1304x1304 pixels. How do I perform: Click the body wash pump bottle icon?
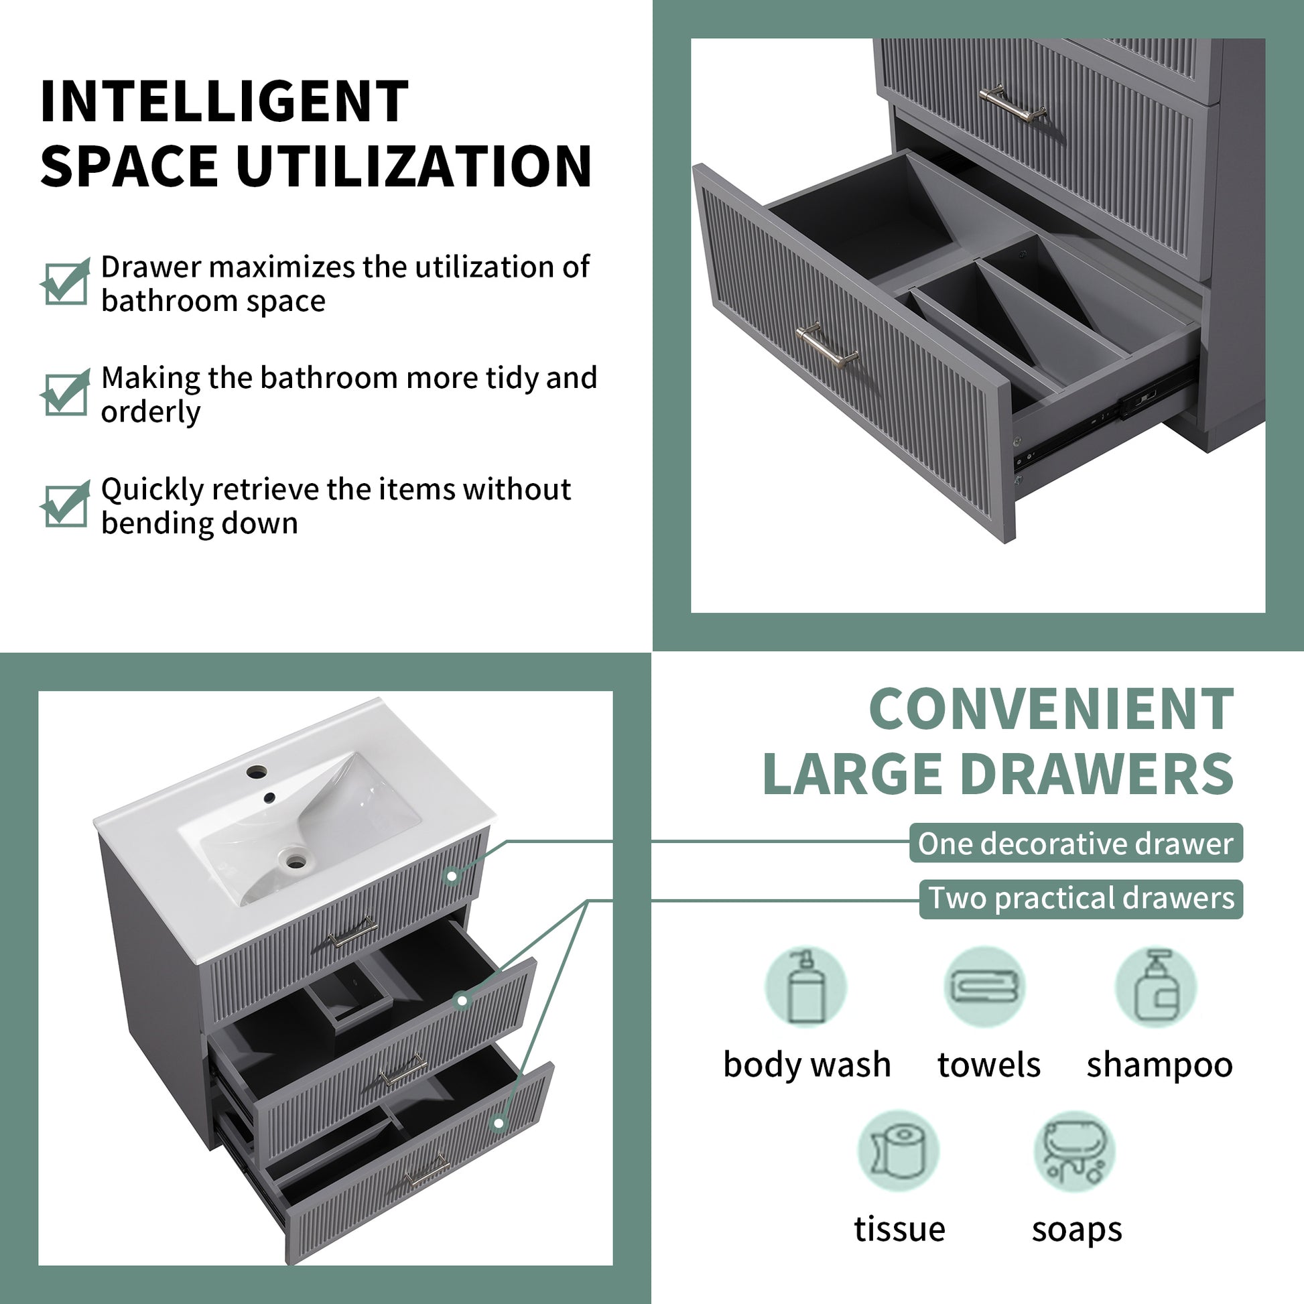pos(805,987)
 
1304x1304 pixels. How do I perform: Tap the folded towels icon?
pos(984,987)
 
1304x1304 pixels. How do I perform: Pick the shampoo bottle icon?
pos(1155,987)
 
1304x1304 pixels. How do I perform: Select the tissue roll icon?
pos(899,1151)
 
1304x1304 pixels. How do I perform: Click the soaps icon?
pos(1075,1151)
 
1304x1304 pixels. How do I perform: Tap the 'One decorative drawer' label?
pos(1075,843)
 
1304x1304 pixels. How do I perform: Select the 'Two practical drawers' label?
pos(1081,899)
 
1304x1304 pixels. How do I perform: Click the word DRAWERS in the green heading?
pos(1096,774)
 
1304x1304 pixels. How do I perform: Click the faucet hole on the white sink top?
pos(257,771)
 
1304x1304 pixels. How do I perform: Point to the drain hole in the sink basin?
pos(295,860)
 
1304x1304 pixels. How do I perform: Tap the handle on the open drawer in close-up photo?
pos(828,345)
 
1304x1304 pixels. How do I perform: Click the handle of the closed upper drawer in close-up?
pos(1013,103)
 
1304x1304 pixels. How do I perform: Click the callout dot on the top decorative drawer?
pos(452,876)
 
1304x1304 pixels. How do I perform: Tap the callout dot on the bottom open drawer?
pos(499,1123)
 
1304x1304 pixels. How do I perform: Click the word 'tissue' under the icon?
pos(899,1228)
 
